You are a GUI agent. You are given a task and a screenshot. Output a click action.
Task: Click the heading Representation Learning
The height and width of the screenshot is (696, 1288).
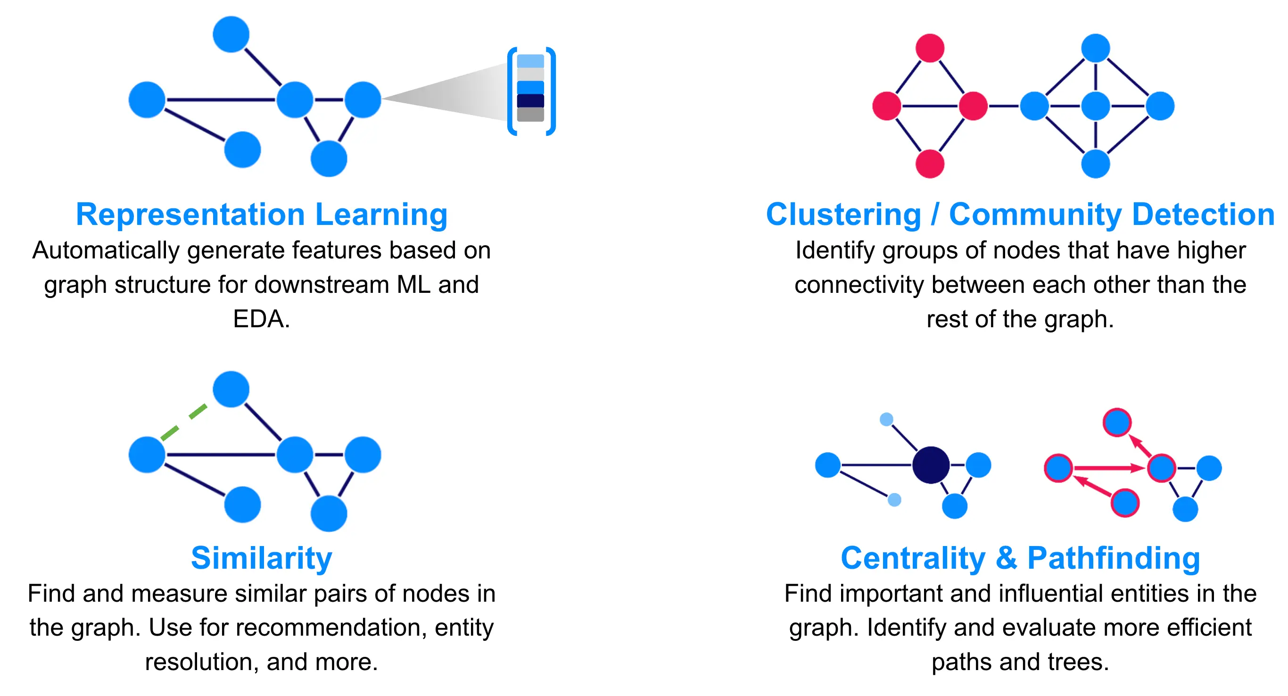pyautogui.click(x=262, y=215)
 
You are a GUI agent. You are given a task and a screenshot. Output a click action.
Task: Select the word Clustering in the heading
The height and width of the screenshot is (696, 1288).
pyautogui.click(x=843, y=215)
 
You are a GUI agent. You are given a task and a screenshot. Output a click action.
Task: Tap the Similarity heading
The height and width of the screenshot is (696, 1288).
pyautogui.click(x=262, y=558)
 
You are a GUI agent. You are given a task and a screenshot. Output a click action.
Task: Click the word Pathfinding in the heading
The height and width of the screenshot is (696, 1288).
pyautogui.click(x=1114, y=558)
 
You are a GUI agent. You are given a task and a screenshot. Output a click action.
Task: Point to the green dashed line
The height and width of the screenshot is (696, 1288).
pyautogui.click(x=183, y=423)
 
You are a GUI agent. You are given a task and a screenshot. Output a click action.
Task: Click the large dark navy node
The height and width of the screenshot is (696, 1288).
pyautogui.click(x=931, y=465)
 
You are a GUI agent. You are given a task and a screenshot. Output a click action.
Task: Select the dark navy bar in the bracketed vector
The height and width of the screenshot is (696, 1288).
pyautogui.click(x=530, y=100)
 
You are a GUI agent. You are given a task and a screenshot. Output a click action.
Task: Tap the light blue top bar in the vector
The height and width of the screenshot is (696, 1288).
pyautogui.click(x=530, y=61)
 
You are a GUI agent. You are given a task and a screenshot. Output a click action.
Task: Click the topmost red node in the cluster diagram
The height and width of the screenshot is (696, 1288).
pyautogui.click(x=930, y=48)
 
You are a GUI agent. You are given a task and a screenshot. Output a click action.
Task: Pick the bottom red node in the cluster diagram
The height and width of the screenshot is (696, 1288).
pyautogui.click(x=930, y=164)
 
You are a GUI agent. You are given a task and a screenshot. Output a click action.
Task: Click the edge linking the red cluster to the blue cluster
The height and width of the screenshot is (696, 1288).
pyautogui.click(x=1004, y=106)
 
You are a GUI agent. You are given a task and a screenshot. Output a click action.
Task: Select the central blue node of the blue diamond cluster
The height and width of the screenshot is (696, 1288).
pyautogui.click(x=1095, y=106)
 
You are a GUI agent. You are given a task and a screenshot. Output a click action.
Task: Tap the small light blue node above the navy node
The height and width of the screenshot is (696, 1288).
pyautogui.click(x=886, y=419)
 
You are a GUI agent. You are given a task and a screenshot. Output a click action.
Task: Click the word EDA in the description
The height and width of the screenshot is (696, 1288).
pyautogui.click(x=261, y=319)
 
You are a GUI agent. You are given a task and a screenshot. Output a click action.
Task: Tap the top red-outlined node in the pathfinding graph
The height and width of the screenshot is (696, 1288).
pyautogui.click(x=1117, y=423)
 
